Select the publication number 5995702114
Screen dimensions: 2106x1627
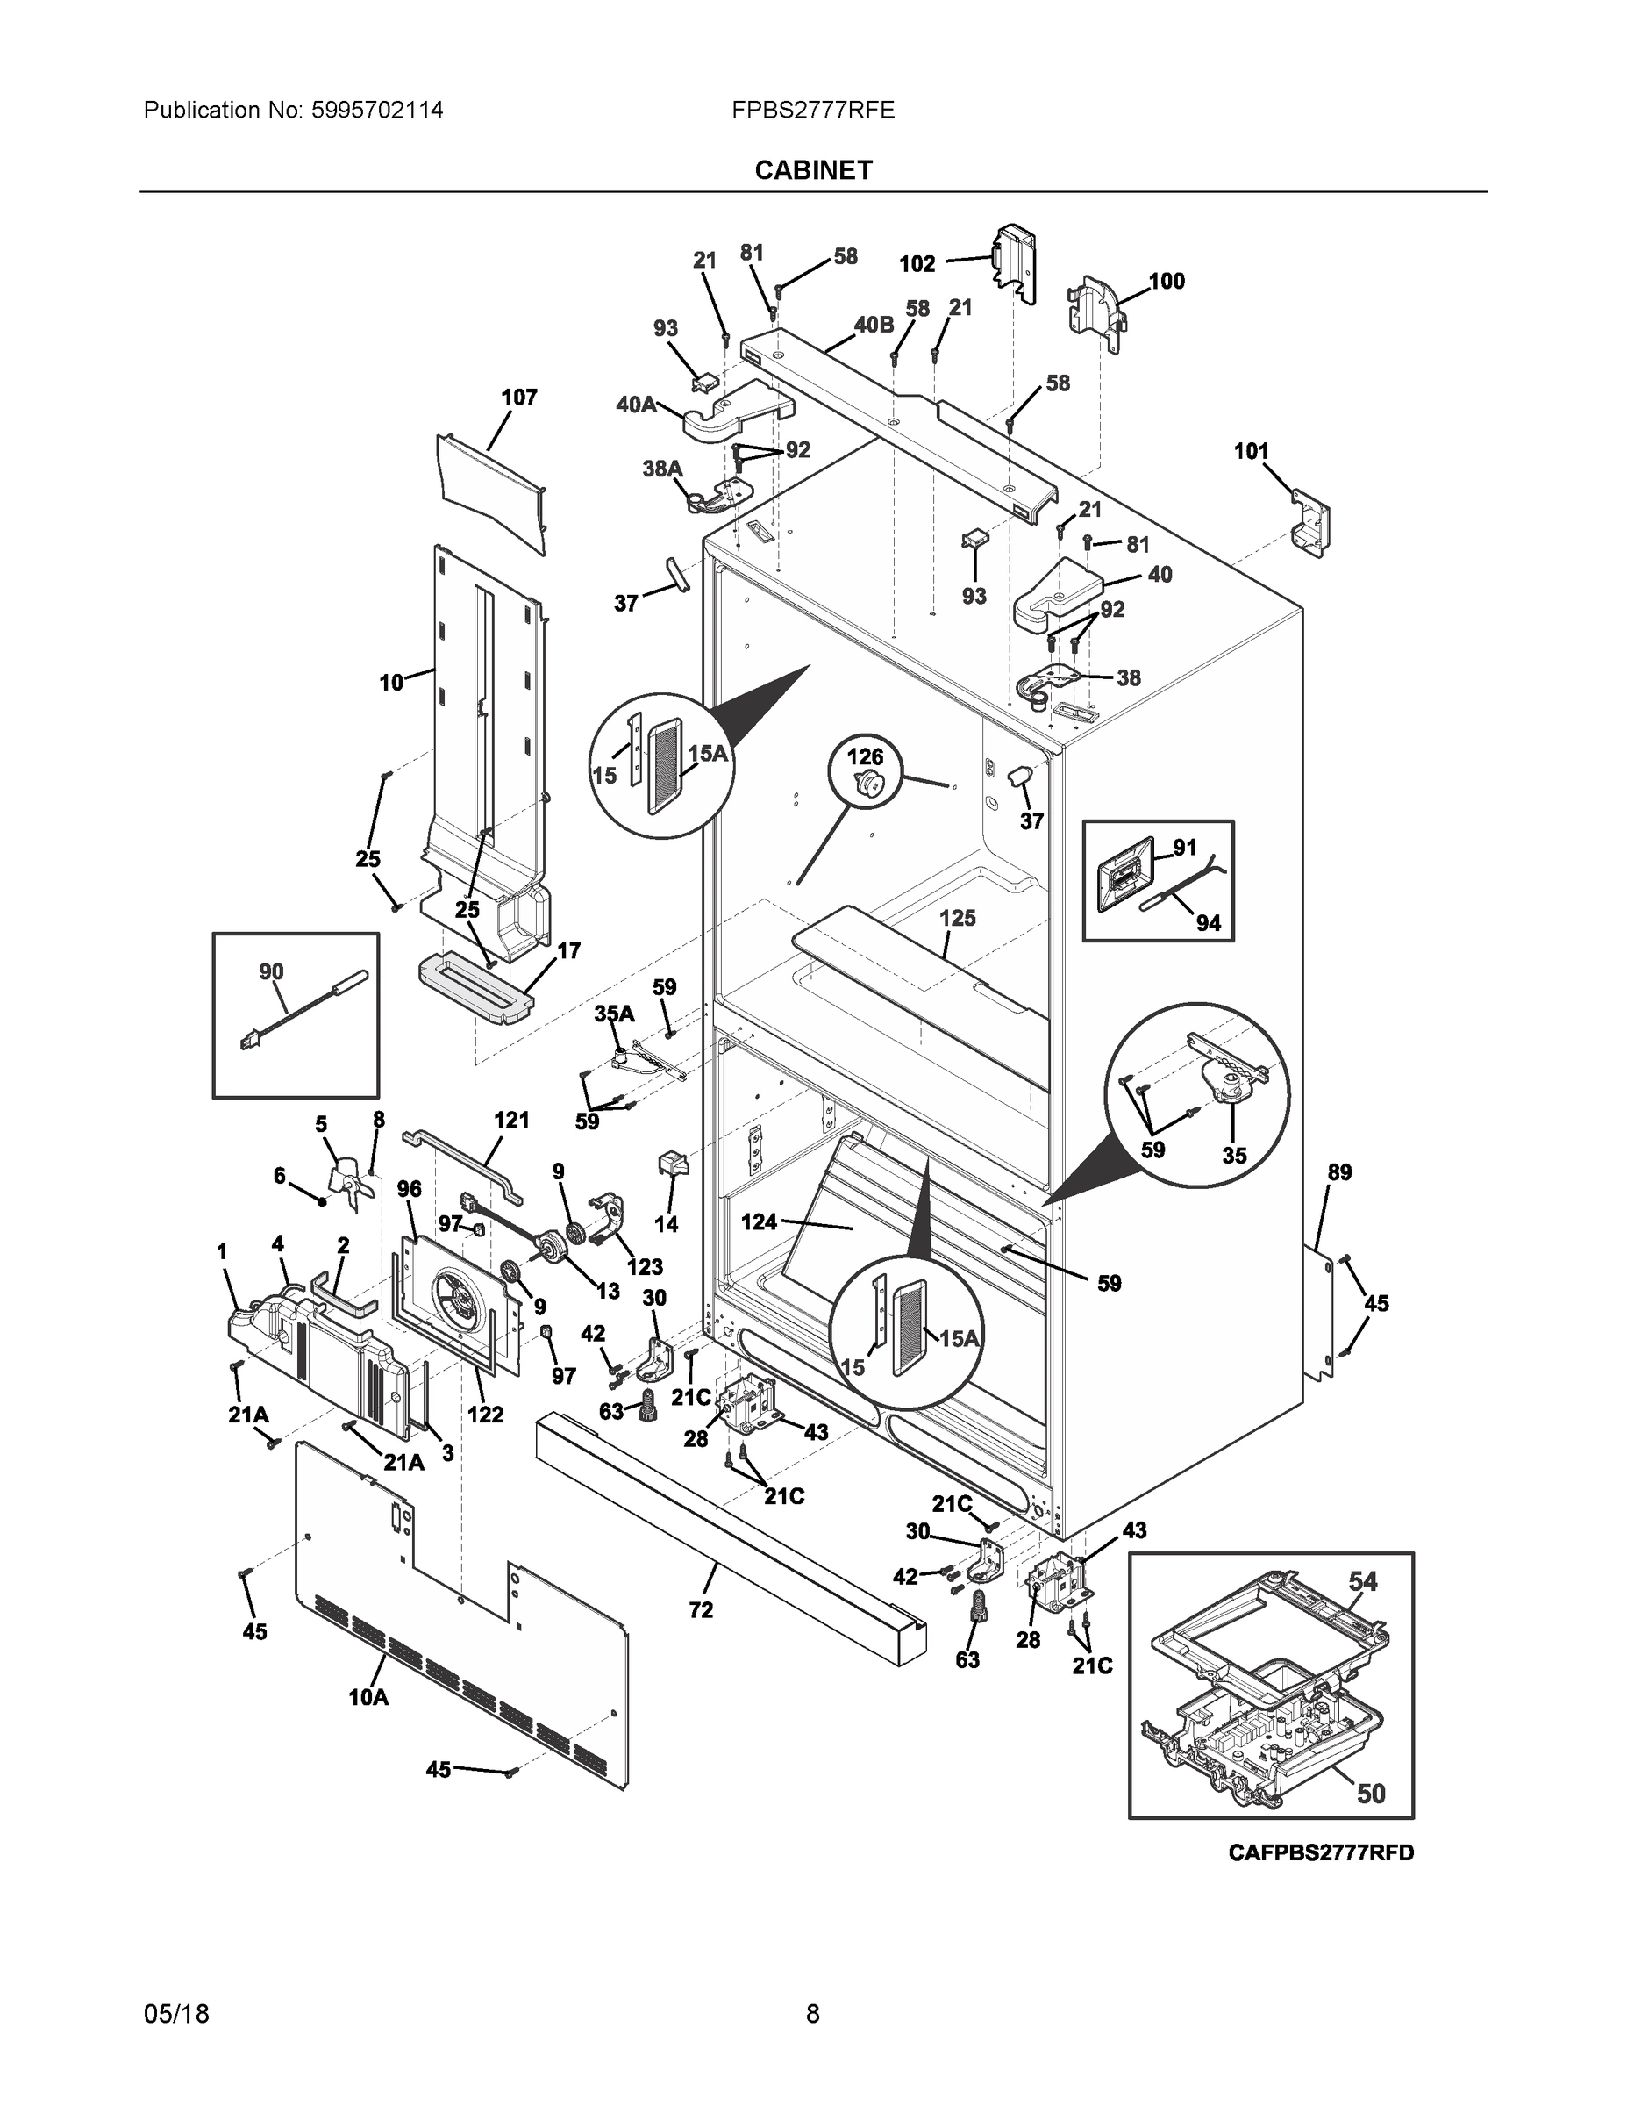tap(377, 110)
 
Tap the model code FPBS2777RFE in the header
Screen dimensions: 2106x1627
tap(812, 110)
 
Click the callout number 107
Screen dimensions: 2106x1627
tap(518, 398)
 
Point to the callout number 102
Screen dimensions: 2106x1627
tap(917, 263)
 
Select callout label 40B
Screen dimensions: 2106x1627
tap(874, 325)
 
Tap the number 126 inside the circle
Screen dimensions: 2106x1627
tap(865, 757)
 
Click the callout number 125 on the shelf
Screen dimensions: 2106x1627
tap(957, 918)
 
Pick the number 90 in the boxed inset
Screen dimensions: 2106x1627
tap(271, 971)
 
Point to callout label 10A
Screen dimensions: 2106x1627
tap(368, 1697)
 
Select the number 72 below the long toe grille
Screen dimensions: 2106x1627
tap(701, 1609)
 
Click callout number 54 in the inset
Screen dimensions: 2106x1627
tap(1362, 1581)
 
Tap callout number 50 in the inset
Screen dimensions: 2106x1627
tap(1371, 1793)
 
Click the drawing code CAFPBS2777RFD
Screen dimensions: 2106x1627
tap(1321, 1852)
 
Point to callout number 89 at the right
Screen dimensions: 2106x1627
tap(1338, 1172)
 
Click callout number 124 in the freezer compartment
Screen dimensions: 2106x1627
tap(759, 1221)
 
